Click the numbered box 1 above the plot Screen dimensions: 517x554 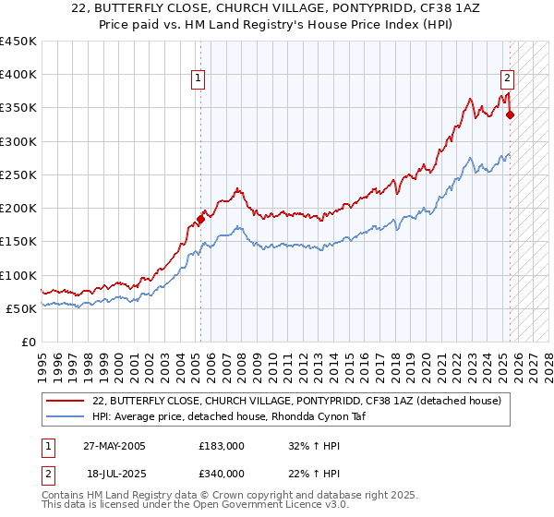pos(199,79)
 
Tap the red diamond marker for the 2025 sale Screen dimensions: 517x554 pos(510,115)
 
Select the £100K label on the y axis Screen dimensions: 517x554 pos(19,275)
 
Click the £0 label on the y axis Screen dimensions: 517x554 pos(29,342)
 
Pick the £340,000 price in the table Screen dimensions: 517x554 pos(222,473)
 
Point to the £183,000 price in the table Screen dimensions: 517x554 pos(222,446)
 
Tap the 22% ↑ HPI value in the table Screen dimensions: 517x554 pos(315,473)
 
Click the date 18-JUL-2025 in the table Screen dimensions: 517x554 pos(114,473)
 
